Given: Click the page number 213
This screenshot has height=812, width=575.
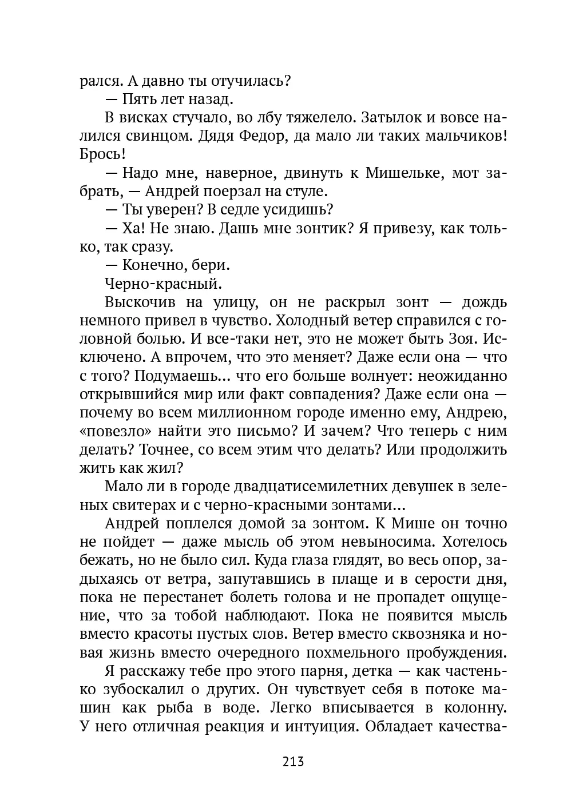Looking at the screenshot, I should coord(292,762).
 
